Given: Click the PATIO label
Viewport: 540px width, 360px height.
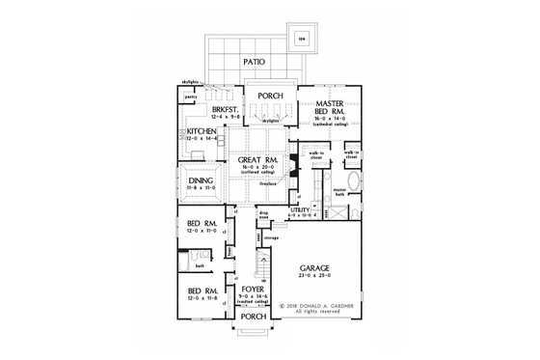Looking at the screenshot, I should pyautogui.click(x=255, y=63).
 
